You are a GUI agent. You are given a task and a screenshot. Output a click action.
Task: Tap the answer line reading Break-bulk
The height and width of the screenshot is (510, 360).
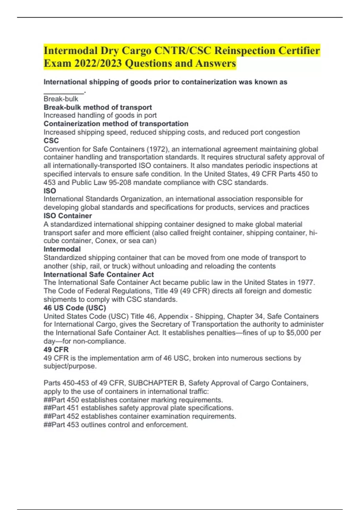click(x=61, y=99)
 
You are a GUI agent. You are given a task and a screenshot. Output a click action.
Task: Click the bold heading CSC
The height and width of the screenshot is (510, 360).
click(x=51, y=140)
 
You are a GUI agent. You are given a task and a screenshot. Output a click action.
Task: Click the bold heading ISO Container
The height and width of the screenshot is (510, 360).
click(x=68, y=216)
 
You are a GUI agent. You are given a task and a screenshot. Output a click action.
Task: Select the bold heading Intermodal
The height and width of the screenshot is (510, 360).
click(x=62, y=249)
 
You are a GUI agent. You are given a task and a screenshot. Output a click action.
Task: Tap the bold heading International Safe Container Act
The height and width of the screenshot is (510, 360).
click(x=99, y=274)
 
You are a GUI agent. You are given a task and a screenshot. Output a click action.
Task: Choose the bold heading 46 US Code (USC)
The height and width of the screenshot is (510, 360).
click(x=75, y=308)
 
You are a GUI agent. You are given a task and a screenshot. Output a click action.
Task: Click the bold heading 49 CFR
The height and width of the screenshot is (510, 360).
click(x=56, y=349)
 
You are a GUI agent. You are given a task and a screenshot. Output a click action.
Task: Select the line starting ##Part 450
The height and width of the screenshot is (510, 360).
click(x=133, y=400)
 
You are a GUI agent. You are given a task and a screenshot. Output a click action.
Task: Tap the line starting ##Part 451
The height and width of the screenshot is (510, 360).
click(x=138, y=408)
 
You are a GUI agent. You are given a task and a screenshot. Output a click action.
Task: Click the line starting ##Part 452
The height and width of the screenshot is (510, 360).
click(x=140, y=416)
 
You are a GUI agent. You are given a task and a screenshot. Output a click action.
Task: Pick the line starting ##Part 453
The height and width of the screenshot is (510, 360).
click(x=116, y=425)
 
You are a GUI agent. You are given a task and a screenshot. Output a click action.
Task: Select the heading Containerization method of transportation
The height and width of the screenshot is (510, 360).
click(x=116, y=124)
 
